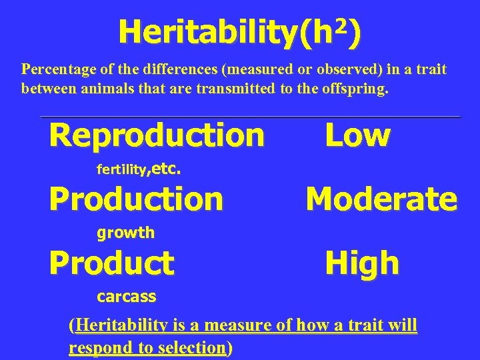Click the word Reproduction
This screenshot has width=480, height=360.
click(x=157, y=135)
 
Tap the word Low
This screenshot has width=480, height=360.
click(x=357, y=135)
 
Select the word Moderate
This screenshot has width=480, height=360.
click(x=381, y=198)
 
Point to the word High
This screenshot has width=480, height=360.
click(x=362, y=263)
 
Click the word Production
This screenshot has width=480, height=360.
click(x=136, y=198)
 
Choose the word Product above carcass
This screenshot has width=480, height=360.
click(x=111, y=263)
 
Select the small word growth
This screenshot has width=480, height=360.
click(x=125, y=233)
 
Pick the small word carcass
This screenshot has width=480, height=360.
click(x=126, y=296)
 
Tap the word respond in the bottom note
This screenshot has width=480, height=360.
click(x=94, y=347)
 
